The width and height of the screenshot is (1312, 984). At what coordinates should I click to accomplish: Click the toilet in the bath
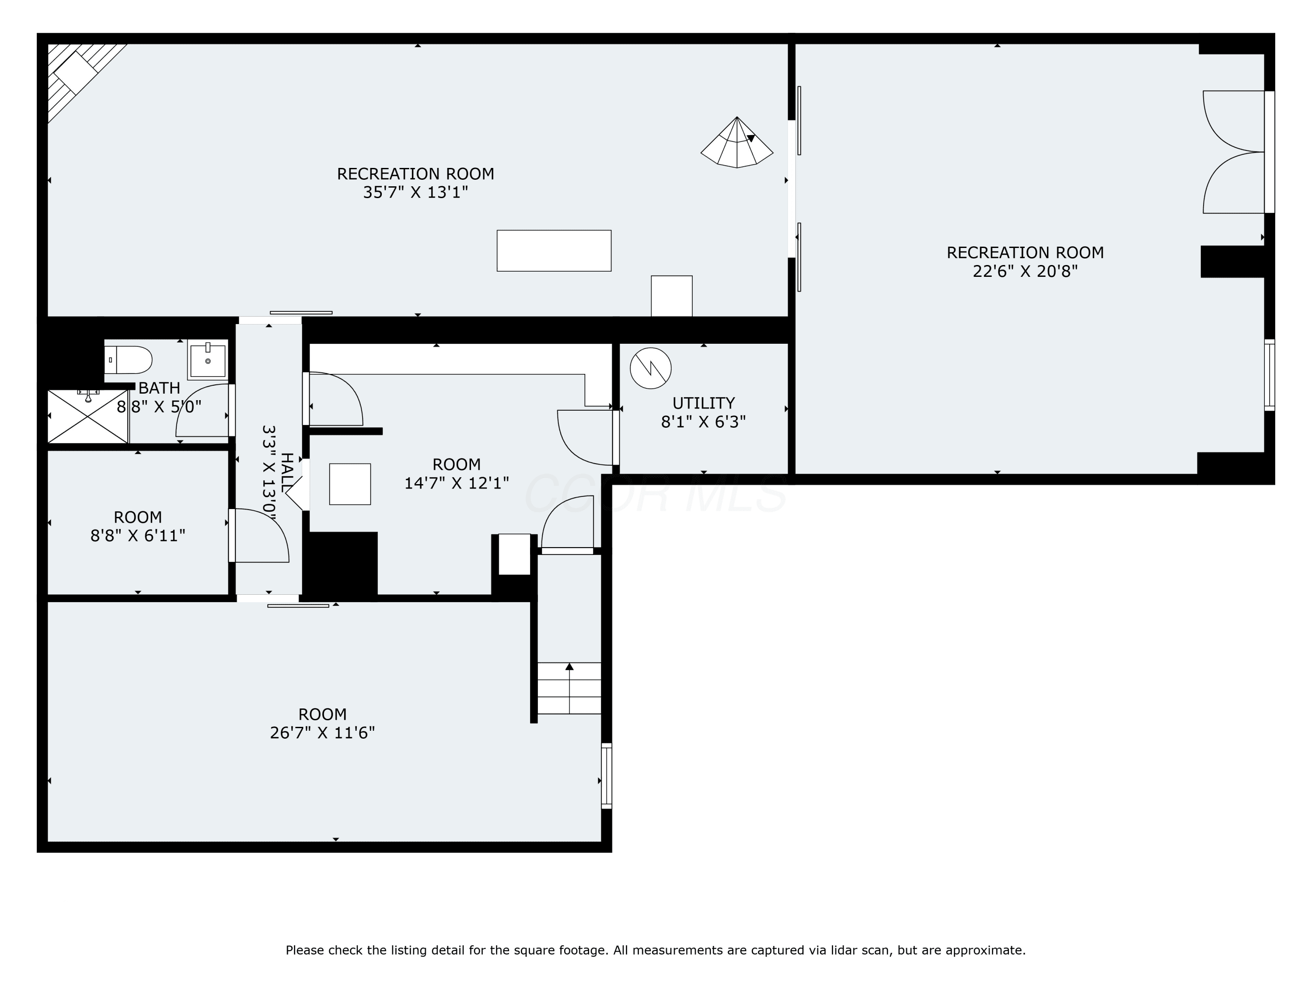pyautogui.click(x=128, y=360)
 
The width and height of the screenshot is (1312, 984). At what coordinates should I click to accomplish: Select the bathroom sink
pyautogui.click(x=208, y=359)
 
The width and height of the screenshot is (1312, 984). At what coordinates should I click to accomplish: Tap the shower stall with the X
pyautogui.click(x=88, y=416)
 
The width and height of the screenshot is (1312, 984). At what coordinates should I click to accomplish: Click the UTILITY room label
pyautogui.click(x=703, y=403)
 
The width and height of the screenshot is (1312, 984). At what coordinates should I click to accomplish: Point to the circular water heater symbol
pyautogui.click(x=651, y=368)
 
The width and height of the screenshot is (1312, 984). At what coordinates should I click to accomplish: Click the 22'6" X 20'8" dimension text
pyautogui.click(x=1025, y=272)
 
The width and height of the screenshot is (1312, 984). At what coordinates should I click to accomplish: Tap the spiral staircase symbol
pyautogui.click(x=736, y=142)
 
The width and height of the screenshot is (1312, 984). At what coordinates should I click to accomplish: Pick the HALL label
pyautogui.click(x=286, y=471)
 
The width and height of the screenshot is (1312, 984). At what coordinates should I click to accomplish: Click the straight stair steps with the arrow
pyautogui.click(x=569, y=688)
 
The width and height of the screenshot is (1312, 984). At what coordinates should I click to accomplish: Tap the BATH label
pyautogui.click(x=159, y=388)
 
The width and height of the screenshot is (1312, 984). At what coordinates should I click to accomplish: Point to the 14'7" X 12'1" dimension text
pyautogui.click(x=457, y=483)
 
